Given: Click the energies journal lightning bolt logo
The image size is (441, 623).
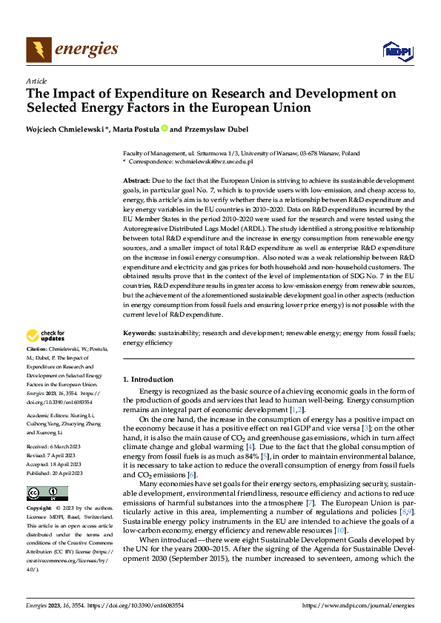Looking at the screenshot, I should pyautogui.click(x=39, y=50).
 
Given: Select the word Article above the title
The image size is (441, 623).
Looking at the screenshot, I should pyautogui.click(x=36, y=80).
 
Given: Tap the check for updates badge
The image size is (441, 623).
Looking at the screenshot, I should pyautogui.click(x=47, y=337).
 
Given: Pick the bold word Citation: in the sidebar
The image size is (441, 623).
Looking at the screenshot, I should pyautogui.click(x=37, y=348).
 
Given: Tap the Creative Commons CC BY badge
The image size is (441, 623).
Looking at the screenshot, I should pyautogui.click(x=47, y=494).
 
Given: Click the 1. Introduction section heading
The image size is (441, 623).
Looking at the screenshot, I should pyautogui.click(x=148, y=380).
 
